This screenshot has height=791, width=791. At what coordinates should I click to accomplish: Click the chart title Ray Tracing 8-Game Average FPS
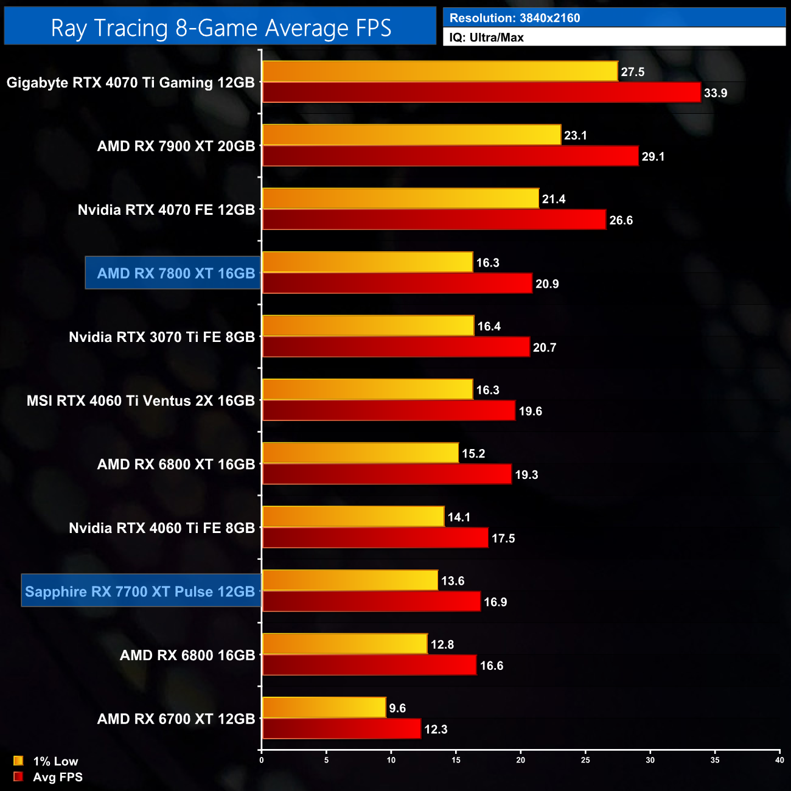pyautogui.click(x=220, y=28)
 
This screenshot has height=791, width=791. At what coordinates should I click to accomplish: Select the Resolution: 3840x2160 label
pyautogui.click(x=515, y=18)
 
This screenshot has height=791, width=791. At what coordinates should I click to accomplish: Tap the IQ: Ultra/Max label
pyautogui.click(x=486, y=38)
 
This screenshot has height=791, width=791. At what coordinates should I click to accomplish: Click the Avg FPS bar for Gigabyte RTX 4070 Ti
pyautogui.click(x=481, y=92)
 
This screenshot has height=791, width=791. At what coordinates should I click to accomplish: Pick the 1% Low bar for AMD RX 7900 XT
pyautogui.click(x=411, y=135)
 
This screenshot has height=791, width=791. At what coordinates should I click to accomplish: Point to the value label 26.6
pyautogui.click(x=621, y=220)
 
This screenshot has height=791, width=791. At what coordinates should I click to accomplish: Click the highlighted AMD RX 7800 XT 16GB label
pyautogui.click(x=176, y=273)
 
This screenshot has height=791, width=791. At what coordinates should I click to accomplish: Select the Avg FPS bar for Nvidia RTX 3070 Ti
pyautogui.click(x=395, y=347)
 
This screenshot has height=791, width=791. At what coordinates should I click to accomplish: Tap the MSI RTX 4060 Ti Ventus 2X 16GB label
pyautogui.click(x=141, y=401)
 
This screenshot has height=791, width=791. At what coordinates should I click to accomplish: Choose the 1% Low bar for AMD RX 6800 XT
pyautogui.click(x=360, y=453)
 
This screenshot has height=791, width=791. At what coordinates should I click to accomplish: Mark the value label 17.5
pyautogui.click(x=503, y=538)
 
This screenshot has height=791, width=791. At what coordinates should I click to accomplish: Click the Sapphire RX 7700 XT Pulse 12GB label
pyautogui.click(x=140, y=591)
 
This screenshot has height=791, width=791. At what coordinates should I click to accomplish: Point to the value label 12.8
pyautogui.click(x=442, y=644)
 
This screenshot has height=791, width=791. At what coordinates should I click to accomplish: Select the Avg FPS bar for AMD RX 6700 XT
pyautogui.click(x=341, y=728)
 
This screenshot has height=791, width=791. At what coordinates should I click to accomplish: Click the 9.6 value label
pyautogui.click(x=397, y=708)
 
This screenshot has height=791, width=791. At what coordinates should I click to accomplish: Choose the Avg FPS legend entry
pyautogui.click(x=49, y=777)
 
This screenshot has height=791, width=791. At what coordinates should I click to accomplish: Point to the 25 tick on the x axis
pyautogui.click(x=585, y=760)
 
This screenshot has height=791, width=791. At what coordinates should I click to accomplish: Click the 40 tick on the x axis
pyautogui.click(x=779, y=760)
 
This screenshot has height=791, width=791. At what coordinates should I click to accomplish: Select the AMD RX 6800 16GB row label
pyautogui.click(x=187, y=655)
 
